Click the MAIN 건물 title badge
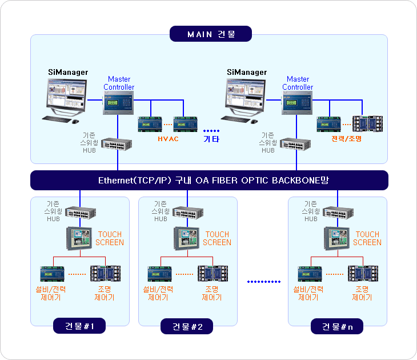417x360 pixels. (x=211, y=34)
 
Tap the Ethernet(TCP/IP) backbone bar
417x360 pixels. (x=209, y=180)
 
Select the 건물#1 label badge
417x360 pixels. (x=79, y=326)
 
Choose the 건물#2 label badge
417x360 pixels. (x=187, y=326)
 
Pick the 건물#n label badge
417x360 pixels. (x=337, y=326)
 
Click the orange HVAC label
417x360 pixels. (x=168, y=139)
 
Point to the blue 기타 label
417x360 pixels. (x=211, y=139)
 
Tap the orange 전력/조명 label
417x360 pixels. (x=347, y=139)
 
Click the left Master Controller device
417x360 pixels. (x=118, y=103)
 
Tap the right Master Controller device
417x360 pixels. (x=297, y=103)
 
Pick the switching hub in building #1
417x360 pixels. (x=81, y=213)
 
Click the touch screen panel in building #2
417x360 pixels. (x=186, y=238)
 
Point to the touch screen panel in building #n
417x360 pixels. (x=336, y=238)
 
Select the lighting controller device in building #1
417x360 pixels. (x=106, y=273)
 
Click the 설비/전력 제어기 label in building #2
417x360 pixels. (x=158, y=293)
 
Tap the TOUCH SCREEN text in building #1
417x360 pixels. (x=110, y=238)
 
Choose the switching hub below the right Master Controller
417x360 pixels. (x=295, y=144)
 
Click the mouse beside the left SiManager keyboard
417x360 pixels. (x=75, y=122)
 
